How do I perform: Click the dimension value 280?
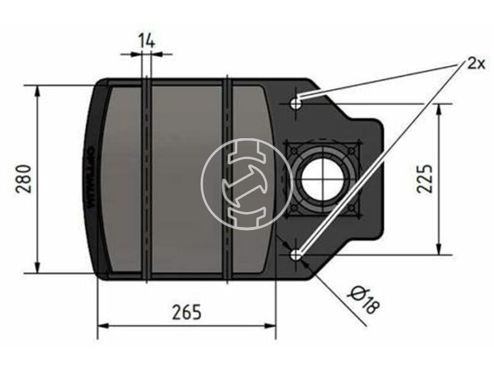[x=24, y=179]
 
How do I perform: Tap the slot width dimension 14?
[x=146, y=41]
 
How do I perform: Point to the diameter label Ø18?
[x=364, y=300]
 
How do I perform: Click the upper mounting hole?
[x=296, y=103]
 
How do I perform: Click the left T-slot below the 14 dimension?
[x=146, y=179]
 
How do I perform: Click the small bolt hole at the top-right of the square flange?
[x=351, y=149]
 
